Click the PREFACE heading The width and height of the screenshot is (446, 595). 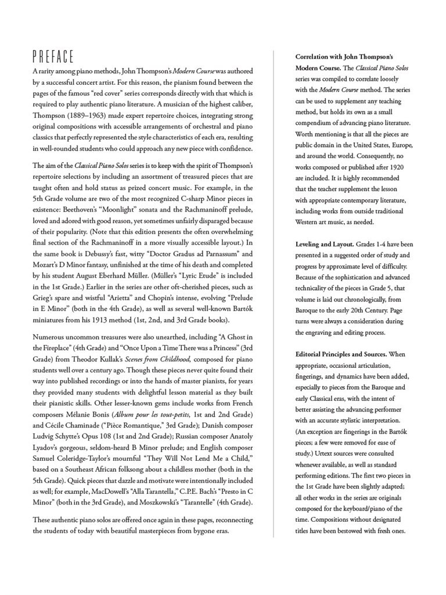pos(53,56)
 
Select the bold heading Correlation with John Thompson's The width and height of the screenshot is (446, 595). pos(344,57)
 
